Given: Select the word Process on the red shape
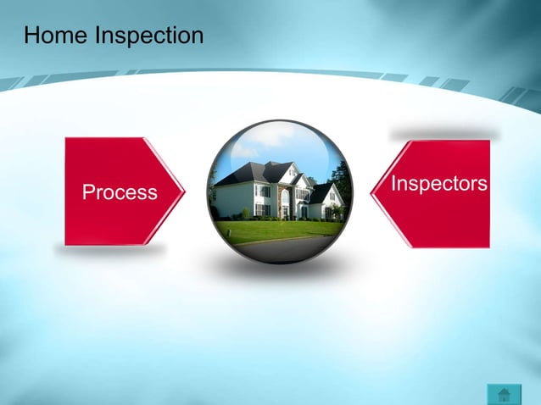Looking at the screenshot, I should coord(120,192).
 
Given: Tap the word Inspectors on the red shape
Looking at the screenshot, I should coord(439,184).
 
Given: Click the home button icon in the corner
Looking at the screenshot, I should coord(504,394).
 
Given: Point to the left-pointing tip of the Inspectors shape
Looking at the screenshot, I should coord(373,192).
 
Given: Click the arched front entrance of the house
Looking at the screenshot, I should coord(284,203).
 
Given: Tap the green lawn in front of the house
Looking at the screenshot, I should coord(271,230).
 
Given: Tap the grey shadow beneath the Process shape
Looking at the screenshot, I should coord(110,251).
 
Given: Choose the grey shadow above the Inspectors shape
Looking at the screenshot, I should coord(443,135).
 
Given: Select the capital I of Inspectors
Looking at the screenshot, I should coord(393,183).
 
